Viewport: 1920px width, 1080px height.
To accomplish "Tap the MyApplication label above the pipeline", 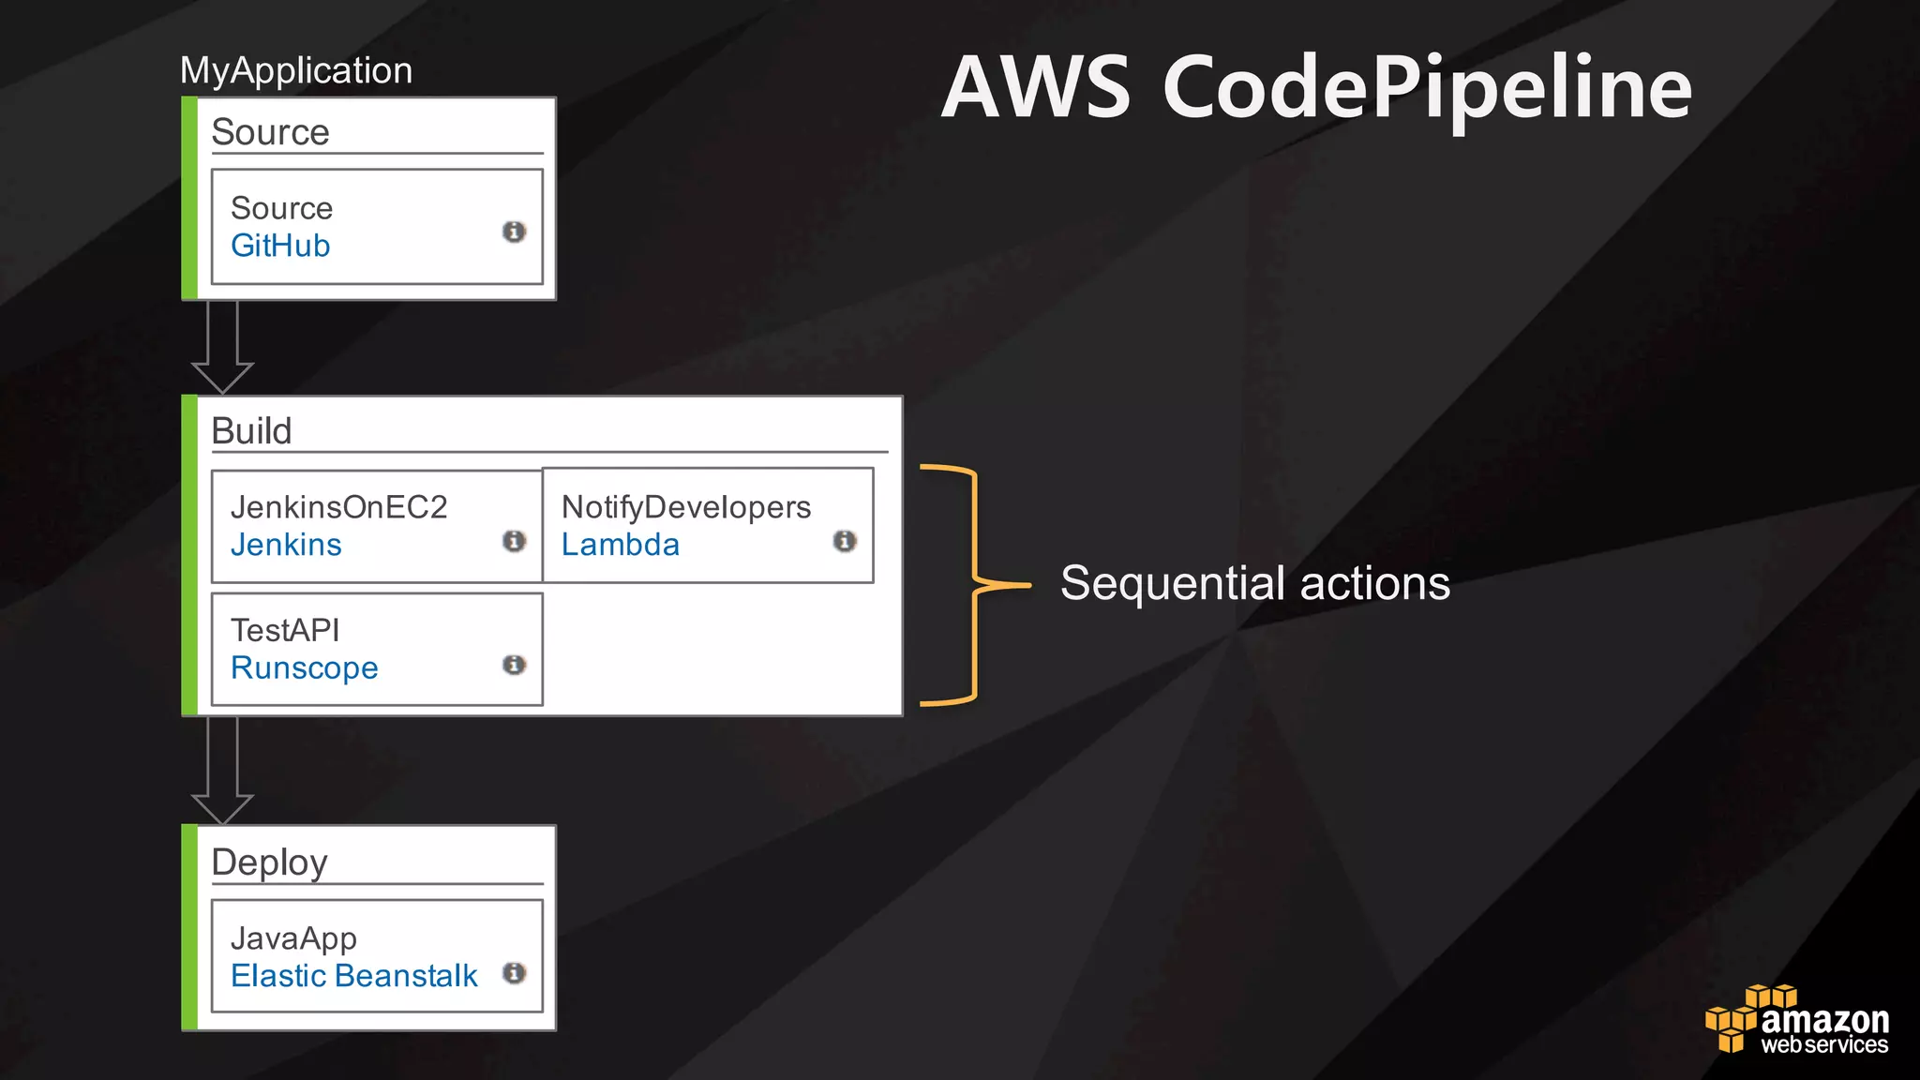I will click(x=296, y=71).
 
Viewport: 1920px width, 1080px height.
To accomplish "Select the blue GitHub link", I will click(x=280, y=246).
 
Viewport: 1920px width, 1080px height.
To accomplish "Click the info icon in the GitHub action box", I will click(x=514, y=232).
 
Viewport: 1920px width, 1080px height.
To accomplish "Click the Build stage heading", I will click(x=251, y=431).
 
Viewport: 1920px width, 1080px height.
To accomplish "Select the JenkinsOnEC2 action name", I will click(x=338, y=507).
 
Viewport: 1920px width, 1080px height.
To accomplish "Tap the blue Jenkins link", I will click(x=286, y=545).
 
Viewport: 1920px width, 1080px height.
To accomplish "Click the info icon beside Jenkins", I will click(x=514, y=541).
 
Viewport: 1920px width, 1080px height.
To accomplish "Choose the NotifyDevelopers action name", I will click(x=686, y=507).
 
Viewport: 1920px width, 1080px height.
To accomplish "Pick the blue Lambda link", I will click(x=620, y=545).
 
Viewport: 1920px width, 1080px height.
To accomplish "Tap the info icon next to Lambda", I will click(x=845, y=541).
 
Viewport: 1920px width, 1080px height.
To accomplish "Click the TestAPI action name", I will click(x=285, y=630).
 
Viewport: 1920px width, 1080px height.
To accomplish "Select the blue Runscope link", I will click(x=304, y=667).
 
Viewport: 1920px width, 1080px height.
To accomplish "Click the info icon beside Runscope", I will click(x=514, y=665).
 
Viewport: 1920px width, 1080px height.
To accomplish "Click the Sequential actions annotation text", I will click(x=1255, y=583).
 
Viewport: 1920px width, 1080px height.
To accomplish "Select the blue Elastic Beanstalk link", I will click(x=353, y=976).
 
